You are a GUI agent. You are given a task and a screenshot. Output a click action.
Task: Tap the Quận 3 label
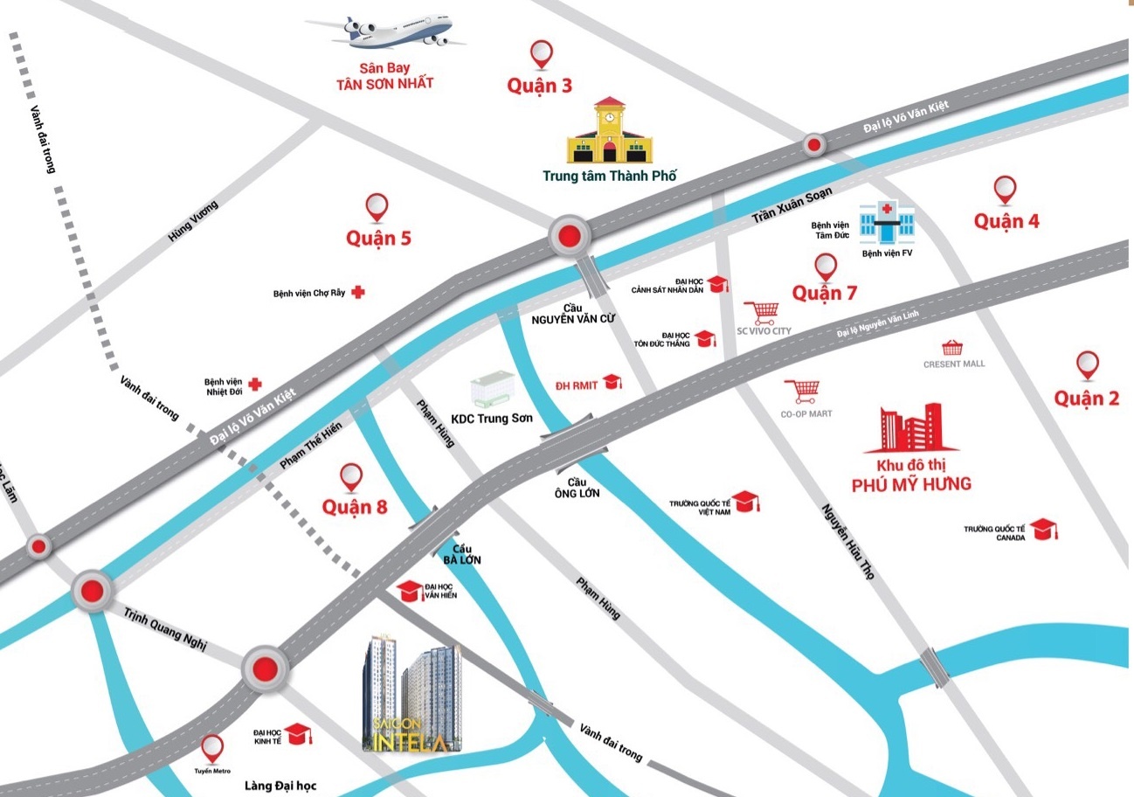point(540,86)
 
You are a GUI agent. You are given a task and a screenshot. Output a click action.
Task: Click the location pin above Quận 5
point(377,207)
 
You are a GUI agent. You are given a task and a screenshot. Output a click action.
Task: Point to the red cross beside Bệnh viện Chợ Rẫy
point(357,293)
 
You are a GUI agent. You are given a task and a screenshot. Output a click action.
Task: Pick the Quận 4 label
point(1006,220)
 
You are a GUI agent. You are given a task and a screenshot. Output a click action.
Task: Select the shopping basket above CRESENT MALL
point(952,349)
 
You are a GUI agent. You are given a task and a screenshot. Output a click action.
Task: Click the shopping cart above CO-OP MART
point(801,392)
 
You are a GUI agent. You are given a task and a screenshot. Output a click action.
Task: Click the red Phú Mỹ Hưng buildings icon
point(912,429)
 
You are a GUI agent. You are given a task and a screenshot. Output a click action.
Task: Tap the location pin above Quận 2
point(1088,365)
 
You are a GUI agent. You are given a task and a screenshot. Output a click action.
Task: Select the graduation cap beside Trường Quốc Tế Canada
point(1042,529)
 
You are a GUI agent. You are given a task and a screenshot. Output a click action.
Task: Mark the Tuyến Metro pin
point(212,749)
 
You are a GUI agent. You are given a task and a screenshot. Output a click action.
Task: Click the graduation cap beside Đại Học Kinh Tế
point(299,734)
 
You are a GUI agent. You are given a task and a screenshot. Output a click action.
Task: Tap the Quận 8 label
point(354,507)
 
